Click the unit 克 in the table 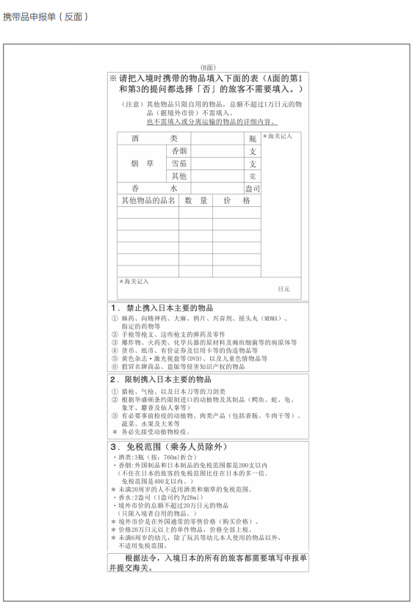coord(253,176)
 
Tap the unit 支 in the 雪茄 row coord(253,164)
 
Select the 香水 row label coord(154,189)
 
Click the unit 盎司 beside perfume coord(252,189)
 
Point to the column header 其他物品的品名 coord(148,200)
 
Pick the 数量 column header coord(195,200)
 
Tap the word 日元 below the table coord(284,289)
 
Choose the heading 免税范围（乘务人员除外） coord(175,446)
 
